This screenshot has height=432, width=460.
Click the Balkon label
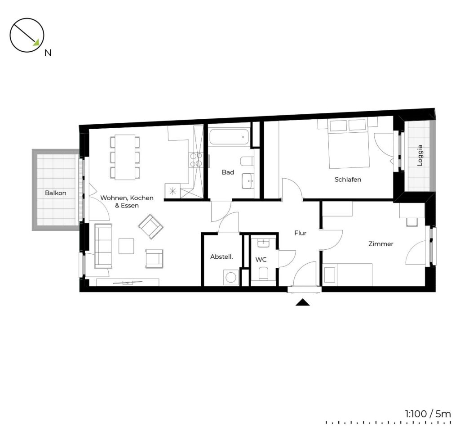[55, 193]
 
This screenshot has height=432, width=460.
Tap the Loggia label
[420, 155]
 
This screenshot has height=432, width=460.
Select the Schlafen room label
[348, 179]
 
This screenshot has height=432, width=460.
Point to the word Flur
[300, 233]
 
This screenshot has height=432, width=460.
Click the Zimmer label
[380, 243]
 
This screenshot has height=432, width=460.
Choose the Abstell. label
[221, 256]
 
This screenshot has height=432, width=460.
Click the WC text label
[261, 260]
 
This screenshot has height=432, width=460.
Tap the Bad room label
[228, 172]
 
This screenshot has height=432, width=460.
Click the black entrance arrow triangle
[302, 302]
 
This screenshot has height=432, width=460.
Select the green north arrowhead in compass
[36, 43]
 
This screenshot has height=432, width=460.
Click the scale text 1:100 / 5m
[428, 414]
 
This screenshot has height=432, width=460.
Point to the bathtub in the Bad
[229, 137]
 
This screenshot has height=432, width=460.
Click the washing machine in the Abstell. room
[231, 277]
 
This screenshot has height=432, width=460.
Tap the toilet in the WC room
[263, 273]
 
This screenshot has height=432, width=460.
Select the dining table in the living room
[125, 157]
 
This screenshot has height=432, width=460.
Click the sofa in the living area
[103, 246]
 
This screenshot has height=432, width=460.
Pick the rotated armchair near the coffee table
[151, 226]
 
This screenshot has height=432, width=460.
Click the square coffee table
[126, 246]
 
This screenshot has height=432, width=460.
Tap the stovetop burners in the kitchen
[196, 160]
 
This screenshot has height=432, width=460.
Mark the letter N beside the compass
[48, 53]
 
